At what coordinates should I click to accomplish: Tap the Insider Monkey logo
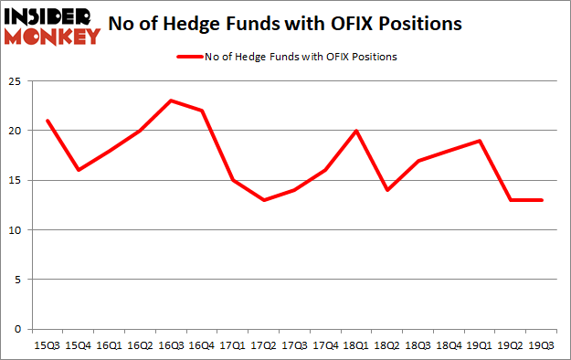click(52, 25)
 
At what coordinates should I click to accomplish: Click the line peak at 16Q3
click(170, 101)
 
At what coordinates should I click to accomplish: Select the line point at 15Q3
click(48, 121)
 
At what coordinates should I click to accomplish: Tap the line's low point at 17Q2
click(263, 200)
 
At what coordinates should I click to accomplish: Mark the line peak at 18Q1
click(355, 131)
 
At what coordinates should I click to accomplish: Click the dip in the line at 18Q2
click(386, 190)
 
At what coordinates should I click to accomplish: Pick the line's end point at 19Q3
click(541, 200)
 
